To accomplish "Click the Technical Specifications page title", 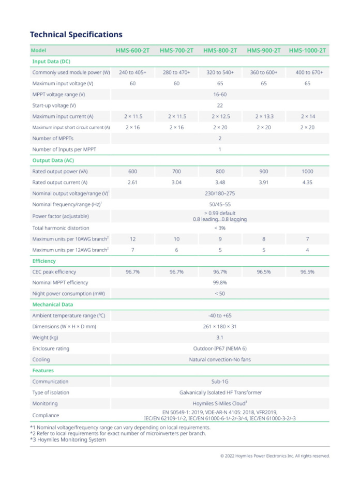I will point(76,35).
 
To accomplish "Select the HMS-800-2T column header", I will point(220,51).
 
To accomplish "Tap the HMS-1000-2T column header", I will point(307,51).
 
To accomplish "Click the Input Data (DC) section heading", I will point(49,62).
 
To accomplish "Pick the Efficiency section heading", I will point(44,261).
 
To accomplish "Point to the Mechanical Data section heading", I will point(52,305).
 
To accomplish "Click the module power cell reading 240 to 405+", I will point(132,72).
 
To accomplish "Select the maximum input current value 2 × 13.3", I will point(264,116).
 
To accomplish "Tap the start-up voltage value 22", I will point(220,105).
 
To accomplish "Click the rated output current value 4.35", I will point(307,182).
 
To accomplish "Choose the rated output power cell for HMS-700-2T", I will point(176,171).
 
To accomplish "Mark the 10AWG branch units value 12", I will point(132,239).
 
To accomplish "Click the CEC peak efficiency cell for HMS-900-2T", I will point(264,271).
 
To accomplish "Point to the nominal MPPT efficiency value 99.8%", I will point(220,282).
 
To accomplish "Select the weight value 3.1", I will point(220,337).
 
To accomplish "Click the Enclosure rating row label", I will point(51,348).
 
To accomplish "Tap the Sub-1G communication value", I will point(220,382).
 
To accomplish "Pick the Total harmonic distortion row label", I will point(61,228).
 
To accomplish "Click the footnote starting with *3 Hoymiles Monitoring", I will point(68,439).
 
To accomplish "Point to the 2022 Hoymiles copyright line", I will point(275,456).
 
